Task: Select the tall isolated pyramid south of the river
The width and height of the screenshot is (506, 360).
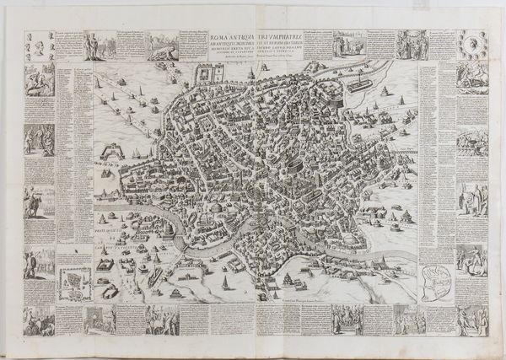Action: click(106, 250)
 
